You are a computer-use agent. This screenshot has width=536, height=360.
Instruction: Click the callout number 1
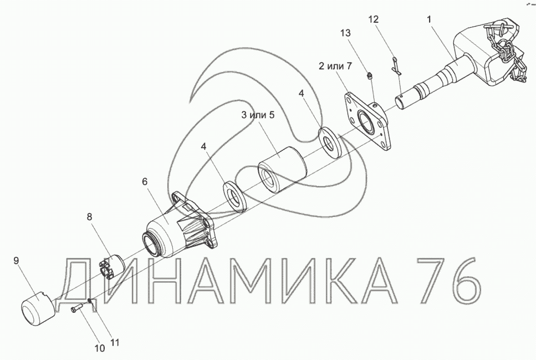click(x=429, y=19)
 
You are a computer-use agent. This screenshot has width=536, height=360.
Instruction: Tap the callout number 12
click(x=374, y=19)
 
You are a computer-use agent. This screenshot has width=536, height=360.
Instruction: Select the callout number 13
click(x=345, y=33)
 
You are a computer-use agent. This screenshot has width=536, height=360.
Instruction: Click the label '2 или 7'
click(x=335, y=65)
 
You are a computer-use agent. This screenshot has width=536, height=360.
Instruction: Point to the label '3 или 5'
click(x=258, y=115)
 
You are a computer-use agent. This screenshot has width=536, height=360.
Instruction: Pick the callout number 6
click(x=145, y=181)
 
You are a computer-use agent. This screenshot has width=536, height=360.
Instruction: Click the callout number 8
click(x=90, y=217)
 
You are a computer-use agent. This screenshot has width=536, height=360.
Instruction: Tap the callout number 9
click(x=16, y=260)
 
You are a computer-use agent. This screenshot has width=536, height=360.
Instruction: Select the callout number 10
click(x=99, y=348)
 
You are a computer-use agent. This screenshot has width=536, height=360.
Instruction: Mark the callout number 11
click(x=115, y=342)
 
